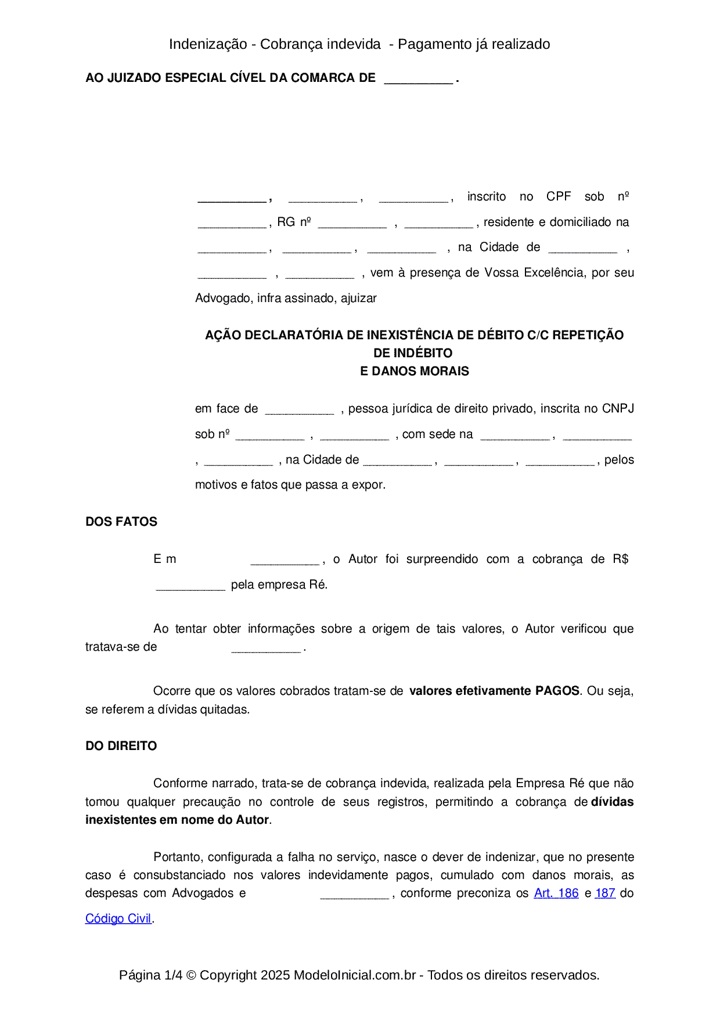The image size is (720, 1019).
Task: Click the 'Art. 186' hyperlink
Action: [556, 893]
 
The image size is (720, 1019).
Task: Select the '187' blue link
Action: [605, 893]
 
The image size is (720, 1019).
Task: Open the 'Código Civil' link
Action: [118, 918]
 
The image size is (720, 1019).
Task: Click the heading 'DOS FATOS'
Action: [121, 522]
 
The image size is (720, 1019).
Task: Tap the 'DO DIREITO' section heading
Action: [121, 746]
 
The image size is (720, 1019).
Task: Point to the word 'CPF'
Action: [559, 196]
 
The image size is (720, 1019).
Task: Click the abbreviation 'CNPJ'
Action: [618, 408]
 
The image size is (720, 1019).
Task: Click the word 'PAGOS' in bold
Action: [557, 691]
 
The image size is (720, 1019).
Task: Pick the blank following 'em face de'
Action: [299, 410]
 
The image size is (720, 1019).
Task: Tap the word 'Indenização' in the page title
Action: [208, 44]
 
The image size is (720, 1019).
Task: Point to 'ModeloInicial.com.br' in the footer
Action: [355, 975]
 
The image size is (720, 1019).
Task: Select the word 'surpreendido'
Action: [442, 559]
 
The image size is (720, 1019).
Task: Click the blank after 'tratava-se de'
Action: [265, 648]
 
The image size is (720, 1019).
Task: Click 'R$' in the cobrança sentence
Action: [620, 559]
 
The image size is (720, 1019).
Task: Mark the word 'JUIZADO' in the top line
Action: [134, 78]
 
